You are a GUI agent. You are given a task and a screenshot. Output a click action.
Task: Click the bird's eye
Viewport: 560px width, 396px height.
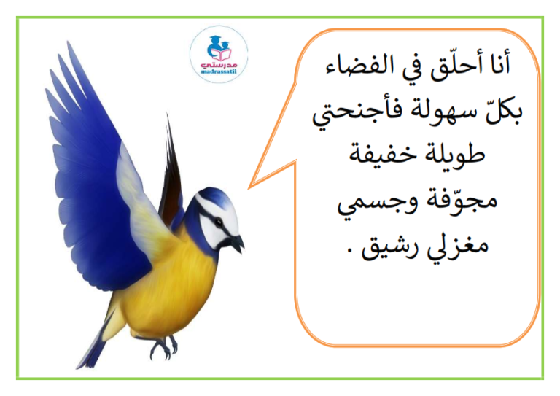click(x=218, y=223)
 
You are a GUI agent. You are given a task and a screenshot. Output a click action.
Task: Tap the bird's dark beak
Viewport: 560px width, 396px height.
click(x=237, y=243)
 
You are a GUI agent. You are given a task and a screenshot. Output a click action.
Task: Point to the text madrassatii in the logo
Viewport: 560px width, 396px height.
click(x=219, y=71)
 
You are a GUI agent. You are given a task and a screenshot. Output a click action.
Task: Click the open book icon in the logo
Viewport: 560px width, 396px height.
click(x=222, y=54)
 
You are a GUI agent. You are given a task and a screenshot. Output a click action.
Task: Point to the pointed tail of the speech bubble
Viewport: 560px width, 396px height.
click(x=250, y=187)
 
